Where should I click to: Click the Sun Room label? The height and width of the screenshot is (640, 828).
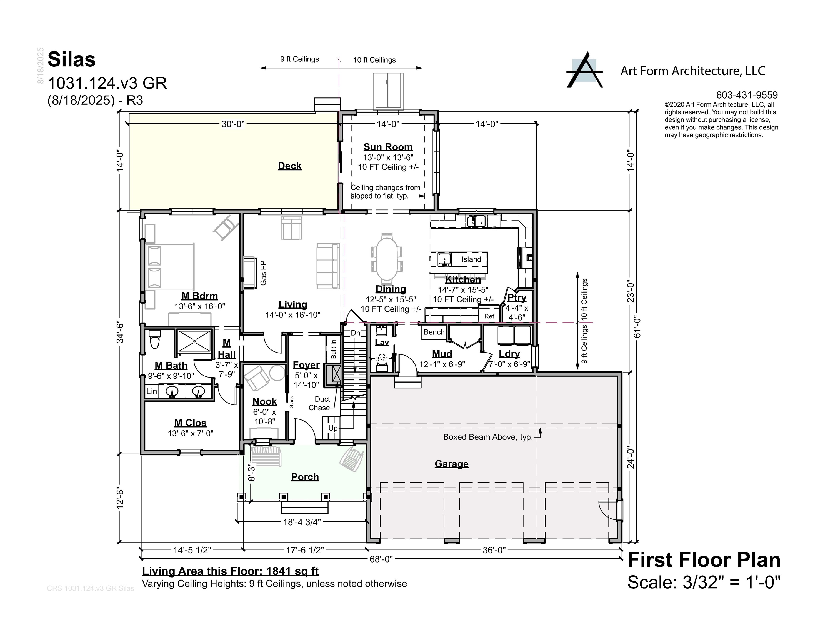(x=388, y=147)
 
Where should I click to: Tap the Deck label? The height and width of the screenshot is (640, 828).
(x=290, y=166)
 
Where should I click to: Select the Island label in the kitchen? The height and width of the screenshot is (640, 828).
(x=471, y=259)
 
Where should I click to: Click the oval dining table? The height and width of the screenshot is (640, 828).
(x=387, y=259)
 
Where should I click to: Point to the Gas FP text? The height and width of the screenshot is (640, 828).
(x=264, y=273)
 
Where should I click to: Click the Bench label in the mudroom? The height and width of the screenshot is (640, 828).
(x=434, y=332)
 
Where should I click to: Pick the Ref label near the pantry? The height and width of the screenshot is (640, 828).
(x=489, y=316)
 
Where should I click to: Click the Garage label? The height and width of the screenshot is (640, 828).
(x=452, y=464)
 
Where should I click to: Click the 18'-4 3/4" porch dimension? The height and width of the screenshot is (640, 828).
(x=302, y=522)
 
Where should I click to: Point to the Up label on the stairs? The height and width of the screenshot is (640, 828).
(x=333, y=428)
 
